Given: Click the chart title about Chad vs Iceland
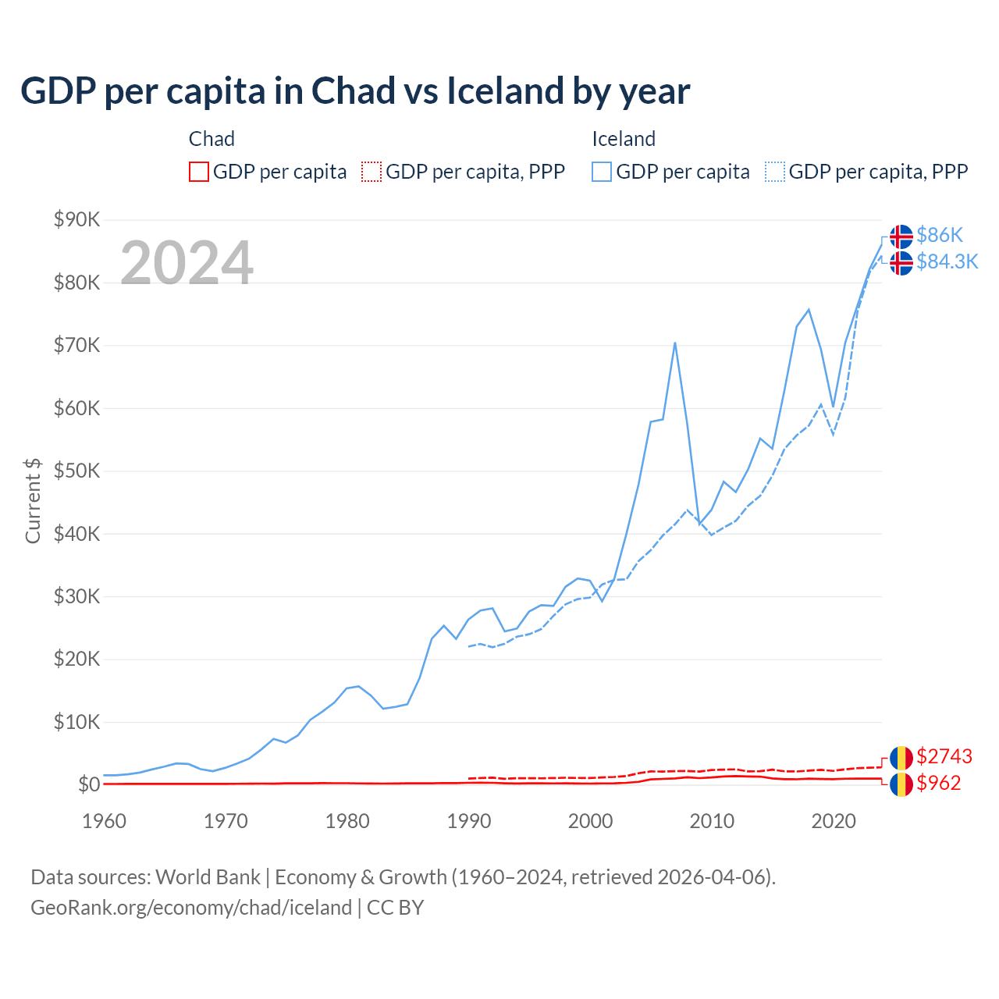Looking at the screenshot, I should [355, 91].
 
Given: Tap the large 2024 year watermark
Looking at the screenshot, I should [187, 263].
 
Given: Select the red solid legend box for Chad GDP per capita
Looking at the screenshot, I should [199, 172].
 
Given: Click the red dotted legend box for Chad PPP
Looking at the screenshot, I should [372, 172].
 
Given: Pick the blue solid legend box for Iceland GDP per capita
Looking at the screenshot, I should [602, 172].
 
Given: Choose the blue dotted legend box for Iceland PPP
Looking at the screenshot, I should [775, 172].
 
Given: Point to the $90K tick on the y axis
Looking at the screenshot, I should [76, 219].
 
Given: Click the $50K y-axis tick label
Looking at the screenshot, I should [76, 471].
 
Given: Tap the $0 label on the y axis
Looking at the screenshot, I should [89, 784].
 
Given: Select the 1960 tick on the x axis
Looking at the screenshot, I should [104, 821].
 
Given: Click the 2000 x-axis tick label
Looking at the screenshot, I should [590, 821].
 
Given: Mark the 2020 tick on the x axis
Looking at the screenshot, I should [834, 821].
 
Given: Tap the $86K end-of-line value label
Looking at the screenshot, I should [940, 235].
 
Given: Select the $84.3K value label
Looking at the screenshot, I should [947, 261].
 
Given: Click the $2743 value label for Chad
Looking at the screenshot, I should [944, 756].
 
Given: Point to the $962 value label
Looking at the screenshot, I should [939, 783].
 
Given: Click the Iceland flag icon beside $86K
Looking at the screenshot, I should [901, 236].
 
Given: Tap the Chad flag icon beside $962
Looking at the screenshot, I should [901, 784].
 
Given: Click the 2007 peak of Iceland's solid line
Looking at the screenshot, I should [674, 343].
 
